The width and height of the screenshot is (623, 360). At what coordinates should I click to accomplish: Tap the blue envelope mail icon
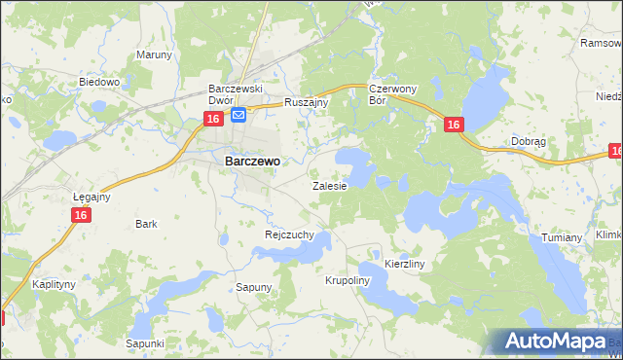tap(238, 116)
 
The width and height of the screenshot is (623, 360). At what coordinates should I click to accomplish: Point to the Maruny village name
tap(154, 54)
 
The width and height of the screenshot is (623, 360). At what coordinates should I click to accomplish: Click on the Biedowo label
tap(98, 83)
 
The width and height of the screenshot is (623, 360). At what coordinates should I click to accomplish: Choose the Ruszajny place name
tap(307, 101)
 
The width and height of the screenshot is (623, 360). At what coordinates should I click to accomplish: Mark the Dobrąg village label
tap(528, 141)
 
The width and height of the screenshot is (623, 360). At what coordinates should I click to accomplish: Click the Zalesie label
tap(329, 185)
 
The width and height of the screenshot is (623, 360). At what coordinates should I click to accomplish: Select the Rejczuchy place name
tap(289, 234)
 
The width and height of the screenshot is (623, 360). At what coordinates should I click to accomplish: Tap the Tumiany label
tap(562, 237)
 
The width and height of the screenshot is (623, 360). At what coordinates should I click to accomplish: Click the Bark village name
tap(147, 224)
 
